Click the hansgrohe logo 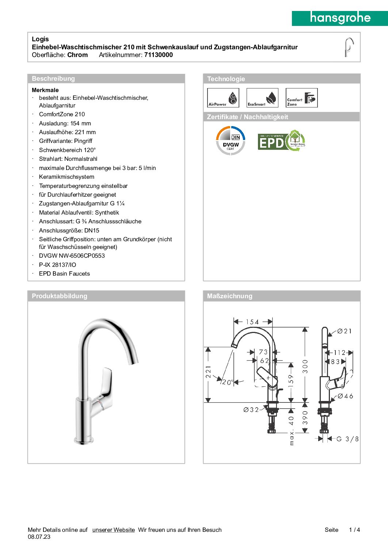tap(340, 18)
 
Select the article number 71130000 tap(159, 55)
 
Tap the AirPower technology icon tap(223, 98)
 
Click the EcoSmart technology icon tap(262, 98)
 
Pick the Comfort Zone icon tap(301, 98)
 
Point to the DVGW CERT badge tap(231, 140)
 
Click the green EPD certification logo tap(281, 141)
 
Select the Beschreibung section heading tap(53, 79)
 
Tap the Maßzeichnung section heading tap(229, 296)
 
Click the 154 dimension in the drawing tap(252, 322)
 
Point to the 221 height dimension tap(208, 372)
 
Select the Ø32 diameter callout tap(251, 410)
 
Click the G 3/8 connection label tap(347, 439)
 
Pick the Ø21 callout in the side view tap(345, 331)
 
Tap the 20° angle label tap(228, 382)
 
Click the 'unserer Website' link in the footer tap(114, 530)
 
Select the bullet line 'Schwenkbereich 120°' tap(67, 150)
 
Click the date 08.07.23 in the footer tap(39, 537)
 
